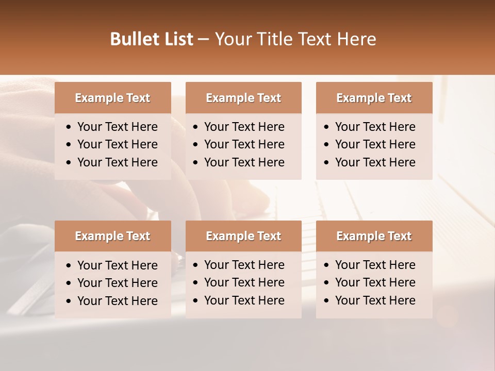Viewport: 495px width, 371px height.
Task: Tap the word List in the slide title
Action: [x=177, y=39]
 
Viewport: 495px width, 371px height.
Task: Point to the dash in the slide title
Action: [x=203, y=40]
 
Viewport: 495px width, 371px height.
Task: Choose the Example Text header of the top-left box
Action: [x=112, y=98]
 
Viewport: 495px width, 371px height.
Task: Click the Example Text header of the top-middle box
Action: [x=243, y=98]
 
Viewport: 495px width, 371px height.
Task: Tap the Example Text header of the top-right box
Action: [x=374, y=98]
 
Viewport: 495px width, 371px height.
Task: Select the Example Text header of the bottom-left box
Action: [x=112, y=236]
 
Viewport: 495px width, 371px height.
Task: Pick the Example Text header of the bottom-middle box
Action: [x=243, y=236]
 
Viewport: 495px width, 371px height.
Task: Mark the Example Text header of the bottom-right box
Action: [x=374, y=236]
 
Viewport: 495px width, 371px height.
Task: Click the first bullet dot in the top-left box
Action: [x=69, y=127]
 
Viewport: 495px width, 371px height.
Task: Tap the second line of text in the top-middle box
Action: [x=244, y=144]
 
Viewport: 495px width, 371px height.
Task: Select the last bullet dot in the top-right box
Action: [x=327, y=163]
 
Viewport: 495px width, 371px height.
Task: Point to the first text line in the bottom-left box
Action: [x=118, y=265]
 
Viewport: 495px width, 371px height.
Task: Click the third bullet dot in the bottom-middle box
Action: [x=196, y=301]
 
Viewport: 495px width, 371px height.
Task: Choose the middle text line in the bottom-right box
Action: [x=375, y=282]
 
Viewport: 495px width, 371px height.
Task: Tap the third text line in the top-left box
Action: [x=118, y=162]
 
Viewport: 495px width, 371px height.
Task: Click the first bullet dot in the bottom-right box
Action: [x=327, y=265]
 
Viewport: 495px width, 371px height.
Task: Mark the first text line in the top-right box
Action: [x=375, y=127]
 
